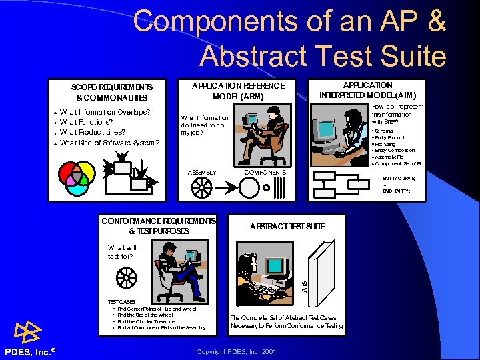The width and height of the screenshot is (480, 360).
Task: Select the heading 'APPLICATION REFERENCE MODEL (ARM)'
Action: click(x=238, y=91)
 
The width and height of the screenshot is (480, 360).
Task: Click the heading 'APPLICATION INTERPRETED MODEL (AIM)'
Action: click(x=367, y=90)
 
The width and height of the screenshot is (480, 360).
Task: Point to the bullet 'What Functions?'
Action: click(x=86, y=123)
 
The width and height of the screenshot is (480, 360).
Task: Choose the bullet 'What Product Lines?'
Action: click(x=92, y=133)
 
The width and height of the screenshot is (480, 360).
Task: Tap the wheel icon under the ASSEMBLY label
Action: click(x=201, y=189)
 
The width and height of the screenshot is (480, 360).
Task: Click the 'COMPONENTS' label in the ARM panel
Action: click(x=265, y=173)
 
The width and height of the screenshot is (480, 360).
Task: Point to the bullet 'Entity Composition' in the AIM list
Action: click(x=395, y=151)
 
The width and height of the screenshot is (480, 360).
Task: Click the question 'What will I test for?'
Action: click(x=124, y=251)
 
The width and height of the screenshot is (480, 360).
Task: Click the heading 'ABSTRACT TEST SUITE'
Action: click(x=287, y=227)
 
